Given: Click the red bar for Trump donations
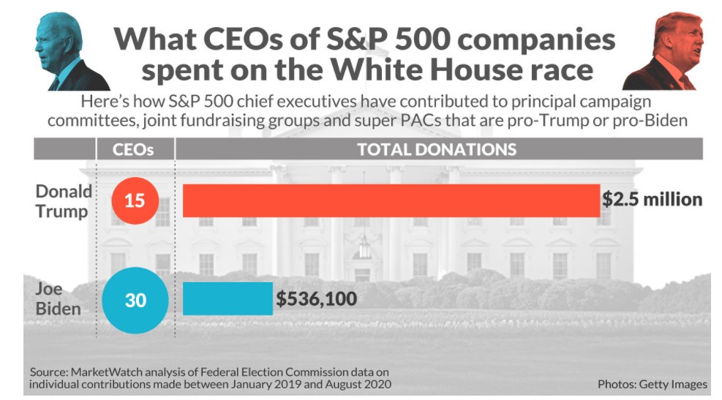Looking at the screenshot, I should pos(391,200).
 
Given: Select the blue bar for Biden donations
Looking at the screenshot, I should pos(227,299).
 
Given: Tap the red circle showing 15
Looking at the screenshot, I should pos(135,200).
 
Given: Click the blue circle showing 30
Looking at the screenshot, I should pos(135,300).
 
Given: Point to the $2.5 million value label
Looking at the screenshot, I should pos(652,200).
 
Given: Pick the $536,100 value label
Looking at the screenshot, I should pos(317,299).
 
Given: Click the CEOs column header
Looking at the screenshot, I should pos(135,150).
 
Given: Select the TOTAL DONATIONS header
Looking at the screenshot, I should pos(437,150).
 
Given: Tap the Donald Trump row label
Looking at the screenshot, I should pos(64,201).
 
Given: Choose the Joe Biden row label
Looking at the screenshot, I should pos(58,299).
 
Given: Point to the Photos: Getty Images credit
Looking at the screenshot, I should pos(653,384).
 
